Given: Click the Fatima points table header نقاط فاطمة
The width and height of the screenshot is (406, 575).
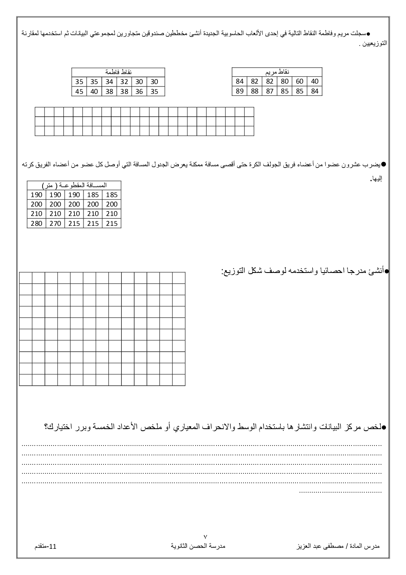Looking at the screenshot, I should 118,72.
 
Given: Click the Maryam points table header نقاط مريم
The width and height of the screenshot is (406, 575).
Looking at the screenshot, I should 277,72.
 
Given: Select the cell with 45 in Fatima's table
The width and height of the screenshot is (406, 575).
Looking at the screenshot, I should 79,91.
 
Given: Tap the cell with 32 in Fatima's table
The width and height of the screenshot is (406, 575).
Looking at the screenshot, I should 124,82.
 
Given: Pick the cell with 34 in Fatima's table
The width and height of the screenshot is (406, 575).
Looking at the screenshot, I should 109,82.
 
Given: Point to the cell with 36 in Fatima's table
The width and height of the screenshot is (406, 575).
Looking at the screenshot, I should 139,91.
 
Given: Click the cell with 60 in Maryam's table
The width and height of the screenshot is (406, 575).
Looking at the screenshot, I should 300,82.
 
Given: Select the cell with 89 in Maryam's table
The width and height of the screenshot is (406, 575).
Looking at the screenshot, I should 239,91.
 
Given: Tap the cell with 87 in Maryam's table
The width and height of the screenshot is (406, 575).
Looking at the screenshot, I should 270,91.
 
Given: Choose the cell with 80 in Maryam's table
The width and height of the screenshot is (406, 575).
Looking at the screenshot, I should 284,82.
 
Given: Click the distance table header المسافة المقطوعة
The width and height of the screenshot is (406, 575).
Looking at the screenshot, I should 74,185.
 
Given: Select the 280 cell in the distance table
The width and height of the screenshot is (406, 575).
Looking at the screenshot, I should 36,223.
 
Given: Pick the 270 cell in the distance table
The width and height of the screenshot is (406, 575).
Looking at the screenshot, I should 55,223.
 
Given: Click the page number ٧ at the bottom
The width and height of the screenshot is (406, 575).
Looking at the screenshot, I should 205,536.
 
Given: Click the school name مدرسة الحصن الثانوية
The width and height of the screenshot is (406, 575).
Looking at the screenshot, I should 198,546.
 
